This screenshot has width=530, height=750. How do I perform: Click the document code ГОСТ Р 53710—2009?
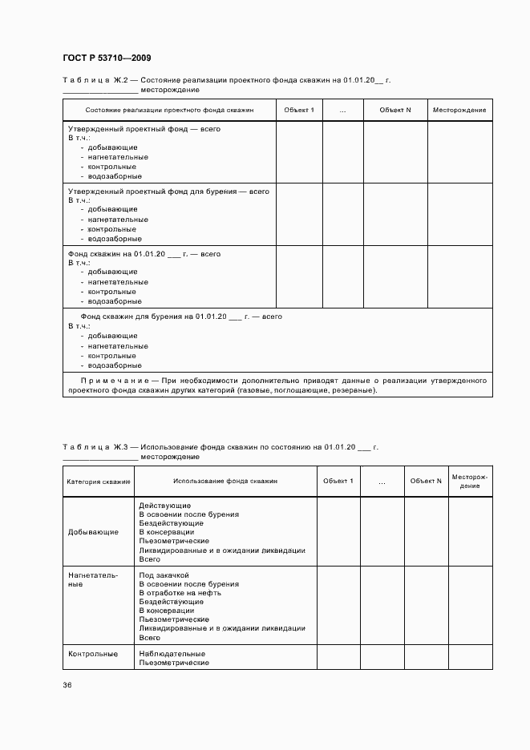[x=107, y=58]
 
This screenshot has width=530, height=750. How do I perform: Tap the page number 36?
[x=67, y=685]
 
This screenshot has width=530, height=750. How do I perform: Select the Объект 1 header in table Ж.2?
[x=301, y=110]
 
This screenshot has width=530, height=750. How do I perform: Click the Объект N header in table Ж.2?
[x=395, y=110]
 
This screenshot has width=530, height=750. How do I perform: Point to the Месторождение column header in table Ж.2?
[x=459, y=110]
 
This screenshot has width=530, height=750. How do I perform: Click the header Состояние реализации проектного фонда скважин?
[x=169, y=110]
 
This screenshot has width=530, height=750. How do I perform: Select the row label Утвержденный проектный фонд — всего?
[x=144, y=128]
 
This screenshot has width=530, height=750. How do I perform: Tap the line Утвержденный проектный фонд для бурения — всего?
[x=168, y=192]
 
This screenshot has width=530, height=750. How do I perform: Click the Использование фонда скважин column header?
[x=225, y=482]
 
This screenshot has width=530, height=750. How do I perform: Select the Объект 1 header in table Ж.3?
[x=338, y=481]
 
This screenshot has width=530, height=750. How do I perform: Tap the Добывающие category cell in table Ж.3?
[x=94, y=531]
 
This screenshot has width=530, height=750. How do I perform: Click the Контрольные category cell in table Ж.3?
[x=94, y=654]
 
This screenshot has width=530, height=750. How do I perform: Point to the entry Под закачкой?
[x=164, y=575]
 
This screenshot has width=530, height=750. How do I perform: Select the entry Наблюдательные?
[x=173, y=654]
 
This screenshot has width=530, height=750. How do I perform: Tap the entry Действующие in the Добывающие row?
[x=164, y=506]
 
